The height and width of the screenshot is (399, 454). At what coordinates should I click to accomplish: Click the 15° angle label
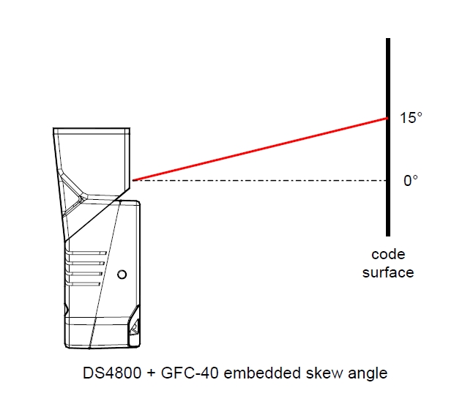coord(411,118)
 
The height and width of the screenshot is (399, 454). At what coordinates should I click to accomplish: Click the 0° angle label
coord(411,181)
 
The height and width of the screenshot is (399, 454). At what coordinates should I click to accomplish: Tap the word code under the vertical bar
coord(388,255)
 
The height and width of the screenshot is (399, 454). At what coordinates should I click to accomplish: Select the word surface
coord(388,273)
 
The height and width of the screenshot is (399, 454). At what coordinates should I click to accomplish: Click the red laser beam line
coord(260,149)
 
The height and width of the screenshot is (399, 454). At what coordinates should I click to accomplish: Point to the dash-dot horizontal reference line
coord(260,181)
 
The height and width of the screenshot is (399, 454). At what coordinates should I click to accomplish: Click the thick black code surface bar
coord(388,137)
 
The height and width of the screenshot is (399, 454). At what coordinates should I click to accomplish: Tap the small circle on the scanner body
coord(122,275)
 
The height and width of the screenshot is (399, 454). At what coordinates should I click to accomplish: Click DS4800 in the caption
coord(112,373)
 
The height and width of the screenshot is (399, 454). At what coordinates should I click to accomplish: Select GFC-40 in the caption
coord(190,373)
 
